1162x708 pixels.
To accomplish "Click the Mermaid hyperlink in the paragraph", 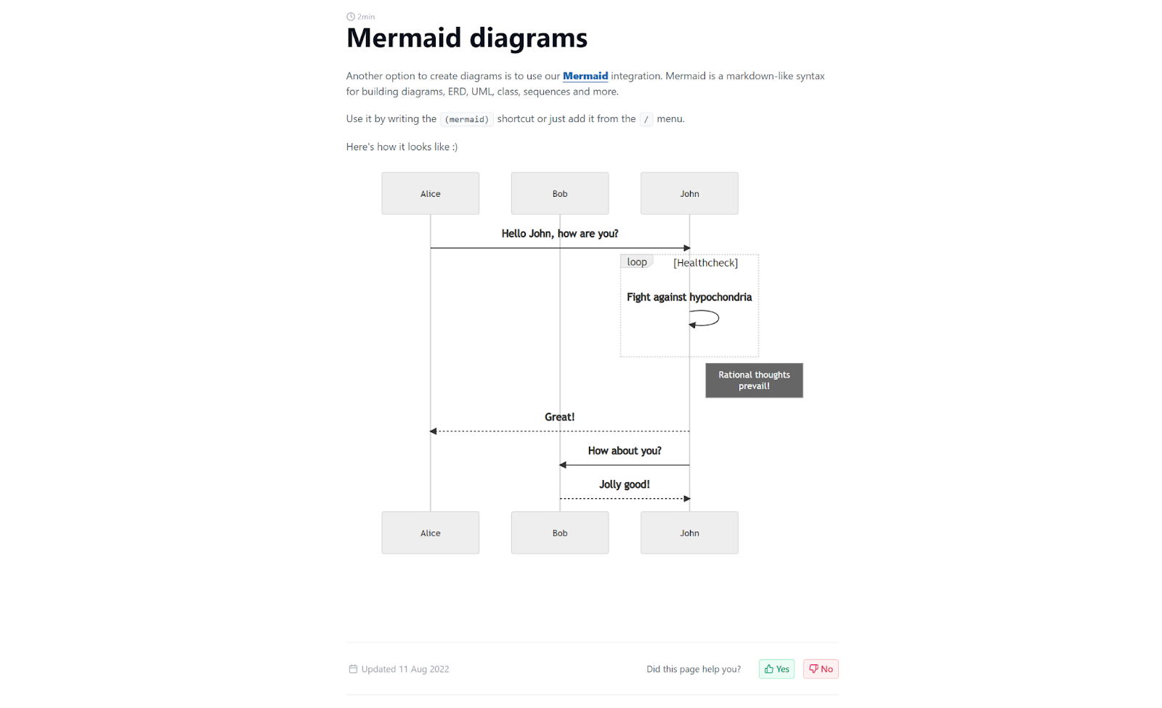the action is coord(585,76).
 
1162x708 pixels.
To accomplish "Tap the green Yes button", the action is coord(776,669).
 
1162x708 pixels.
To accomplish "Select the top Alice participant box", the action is coord(430,193).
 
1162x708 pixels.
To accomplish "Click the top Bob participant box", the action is coord(560,193).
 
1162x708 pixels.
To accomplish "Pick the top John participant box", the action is coord(689,193).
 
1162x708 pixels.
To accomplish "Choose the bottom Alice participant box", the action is coord(430,533).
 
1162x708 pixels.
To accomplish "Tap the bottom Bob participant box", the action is coord(560,533).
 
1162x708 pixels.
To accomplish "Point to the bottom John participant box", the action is coord(689,533).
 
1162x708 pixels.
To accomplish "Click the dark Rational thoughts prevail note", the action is coord(755,381).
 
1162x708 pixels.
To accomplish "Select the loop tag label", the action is coord(636,262).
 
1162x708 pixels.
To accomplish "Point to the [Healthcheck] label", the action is coord(705,263).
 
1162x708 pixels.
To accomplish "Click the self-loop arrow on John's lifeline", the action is coord(718,318).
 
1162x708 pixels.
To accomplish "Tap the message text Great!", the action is coord(559,417).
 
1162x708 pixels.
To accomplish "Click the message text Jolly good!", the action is coord(625,484).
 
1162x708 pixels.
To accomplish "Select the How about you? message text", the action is coord(625,451).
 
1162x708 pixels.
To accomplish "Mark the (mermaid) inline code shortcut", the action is coord(467,119).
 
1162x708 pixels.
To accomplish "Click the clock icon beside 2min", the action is coord(351,17).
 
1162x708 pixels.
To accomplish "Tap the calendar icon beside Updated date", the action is coord(353,669).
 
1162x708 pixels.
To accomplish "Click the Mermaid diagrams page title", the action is coord(467,38).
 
